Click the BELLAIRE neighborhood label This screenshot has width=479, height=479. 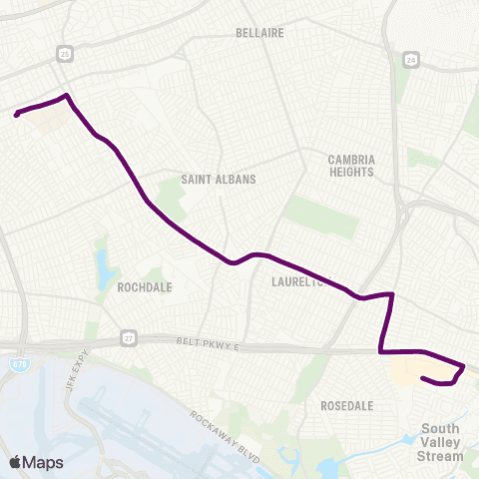click(x=260, y=33)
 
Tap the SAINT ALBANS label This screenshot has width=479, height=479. click(x=219, y=180)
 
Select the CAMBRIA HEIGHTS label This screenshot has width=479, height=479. click(x=350, y=166)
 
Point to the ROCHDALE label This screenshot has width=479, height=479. click(x=145, y=286)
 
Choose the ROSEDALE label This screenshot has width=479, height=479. click(x=347, y=406)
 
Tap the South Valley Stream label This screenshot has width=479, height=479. click(x=440, y=444)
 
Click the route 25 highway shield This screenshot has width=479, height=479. click(x=65, y=51)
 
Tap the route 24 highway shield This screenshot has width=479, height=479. click(x=411, y=61)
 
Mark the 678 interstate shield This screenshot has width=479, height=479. click(x=21, y=365)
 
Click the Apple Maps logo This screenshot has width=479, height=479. click(x=37, y=461)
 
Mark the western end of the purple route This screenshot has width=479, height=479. click(x=16, y=115)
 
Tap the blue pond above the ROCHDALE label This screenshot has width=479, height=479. click(x=105, y=266)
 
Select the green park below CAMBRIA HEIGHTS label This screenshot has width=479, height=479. click(x=321, y=216)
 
